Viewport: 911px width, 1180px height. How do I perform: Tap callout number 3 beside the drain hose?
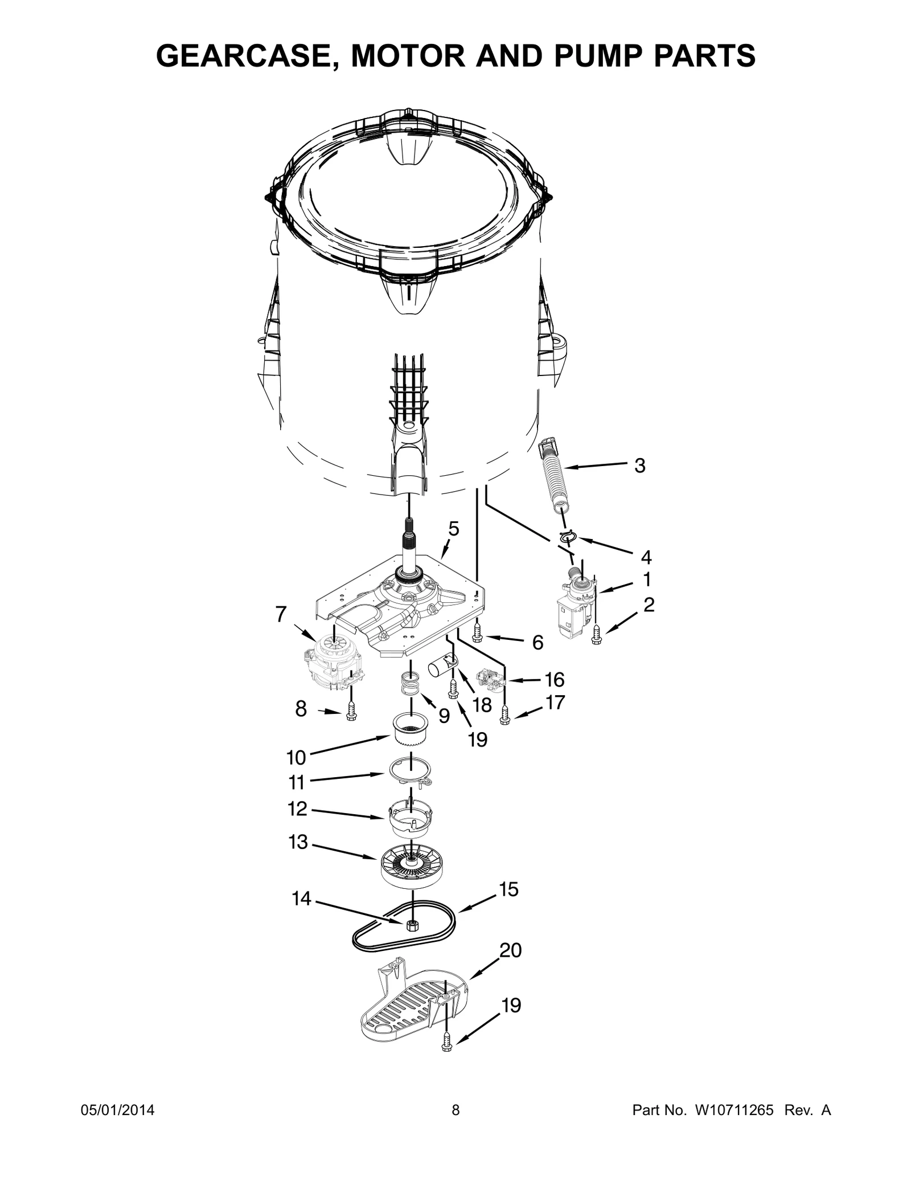coord(639,466)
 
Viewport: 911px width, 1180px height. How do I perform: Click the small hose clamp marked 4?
coord(568,536)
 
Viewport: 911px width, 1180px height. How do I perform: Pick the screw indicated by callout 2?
coord(596,634)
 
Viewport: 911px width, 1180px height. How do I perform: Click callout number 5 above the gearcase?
coord(453,529)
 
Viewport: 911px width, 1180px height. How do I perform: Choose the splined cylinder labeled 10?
coord(409,729)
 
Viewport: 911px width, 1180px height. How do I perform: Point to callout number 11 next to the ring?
coord(296,782)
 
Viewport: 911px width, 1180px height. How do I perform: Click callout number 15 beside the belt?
coord(508,889)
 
